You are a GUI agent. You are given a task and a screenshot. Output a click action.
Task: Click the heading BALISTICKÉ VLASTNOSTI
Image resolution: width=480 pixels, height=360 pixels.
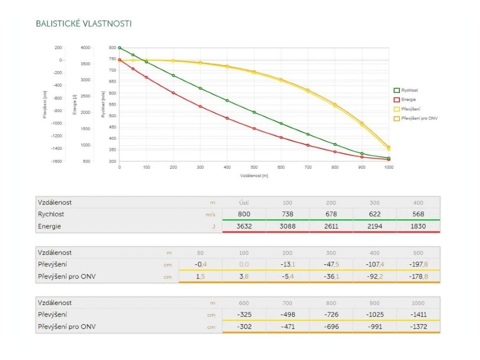pyautogui.click(x=83, y=23)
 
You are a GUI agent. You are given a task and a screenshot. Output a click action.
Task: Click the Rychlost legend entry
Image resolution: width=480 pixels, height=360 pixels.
pyautogui.click(x=409, y=90)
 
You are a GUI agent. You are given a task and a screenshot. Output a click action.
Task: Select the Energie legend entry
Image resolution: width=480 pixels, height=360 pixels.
pyautogui.click(x=408, y=99)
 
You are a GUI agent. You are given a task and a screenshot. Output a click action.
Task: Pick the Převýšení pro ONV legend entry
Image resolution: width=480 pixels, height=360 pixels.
pyautogui.click(x=419, y=118)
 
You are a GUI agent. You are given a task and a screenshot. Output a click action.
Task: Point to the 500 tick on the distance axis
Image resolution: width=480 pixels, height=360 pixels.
pyautogui.click(x=255, y=167)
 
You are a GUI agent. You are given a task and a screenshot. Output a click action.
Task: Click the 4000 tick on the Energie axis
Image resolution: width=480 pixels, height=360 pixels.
pyautogui.click(x=85, y=48)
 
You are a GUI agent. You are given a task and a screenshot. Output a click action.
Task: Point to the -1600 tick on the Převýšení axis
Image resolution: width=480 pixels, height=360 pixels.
pyautogui.click(x=56, y=161)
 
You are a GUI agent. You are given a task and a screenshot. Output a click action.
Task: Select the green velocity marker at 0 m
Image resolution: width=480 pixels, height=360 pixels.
pyautogui.click(x=120, y=48)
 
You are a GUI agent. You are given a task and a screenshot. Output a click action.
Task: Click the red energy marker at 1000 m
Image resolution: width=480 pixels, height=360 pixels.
pyautogui.click(x=389, y=159)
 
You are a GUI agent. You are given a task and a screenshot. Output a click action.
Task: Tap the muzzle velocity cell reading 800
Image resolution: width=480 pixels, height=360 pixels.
pyautogui.click(x=244, y=214)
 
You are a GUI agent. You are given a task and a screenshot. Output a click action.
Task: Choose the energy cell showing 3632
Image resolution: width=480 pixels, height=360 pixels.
pyautogui.click(x=244, y=226)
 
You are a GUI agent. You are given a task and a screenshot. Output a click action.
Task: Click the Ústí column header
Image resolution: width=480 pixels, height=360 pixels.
pyautogui.click(x=244, y=202)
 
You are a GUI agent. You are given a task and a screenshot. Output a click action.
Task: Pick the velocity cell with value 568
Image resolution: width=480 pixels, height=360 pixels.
pyautogui.click(x=418, y=214)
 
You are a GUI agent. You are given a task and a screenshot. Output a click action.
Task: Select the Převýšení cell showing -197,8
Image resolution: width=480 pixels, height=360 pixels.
pyautogui.click(x=418, y=264)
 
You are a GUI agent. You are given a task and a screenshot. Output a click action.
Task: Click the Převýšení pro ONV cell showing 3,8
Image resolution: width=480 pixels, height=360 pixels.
pyautogui.click(x=244, y=277)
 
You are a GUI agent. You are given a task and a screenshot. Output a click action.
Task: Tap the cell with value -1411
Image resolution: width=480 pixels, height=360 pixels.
pyautogui.click(x=418, y=315)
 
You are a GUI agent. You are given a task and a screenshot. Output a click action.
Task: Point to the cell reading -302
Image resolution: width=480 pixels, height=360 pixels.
pyautogui.click(x=244, y=327)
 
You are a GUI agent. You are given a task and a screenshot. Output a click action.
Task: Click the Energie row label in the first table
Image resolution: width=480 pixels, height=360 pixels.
pyautogui.click(x=50, y=226)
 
